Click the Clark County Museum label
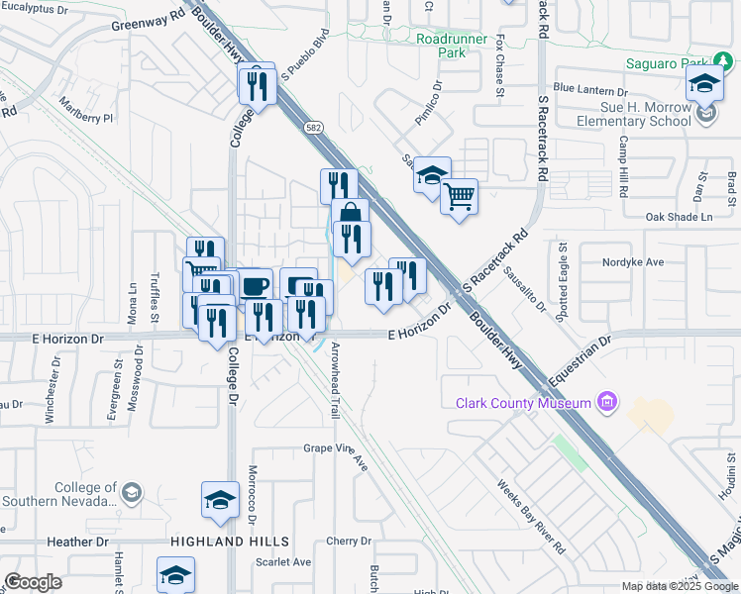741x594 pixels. click(x=523, y=403)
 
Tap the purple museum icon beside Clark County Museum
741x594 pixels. click(x=607, y=403)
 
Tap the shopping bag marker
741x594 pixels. click(x=350, y=215)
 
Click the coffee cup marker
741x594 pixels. click(x=255, y=286)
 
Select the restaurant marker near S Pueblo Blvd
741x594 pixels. click(x=257, y=85)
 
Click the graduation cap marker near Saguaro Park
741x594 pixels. click(x=704, y=86)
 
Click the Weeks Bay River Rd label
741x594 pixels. click(x=529, y=517)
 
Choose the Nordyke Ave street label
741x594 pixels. click(x=633, y=262)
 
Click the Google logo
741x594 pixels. click(x=34, y=582)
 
